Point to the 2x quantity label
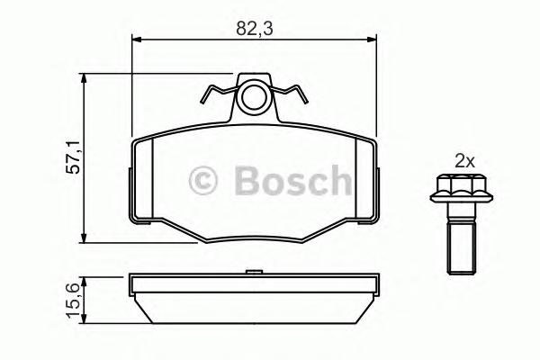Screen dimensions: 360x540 (464, 162)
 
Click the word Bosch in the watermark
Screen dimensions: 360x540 (292, 183)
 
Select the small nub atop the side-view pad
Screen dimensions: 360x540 (254, 269)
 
